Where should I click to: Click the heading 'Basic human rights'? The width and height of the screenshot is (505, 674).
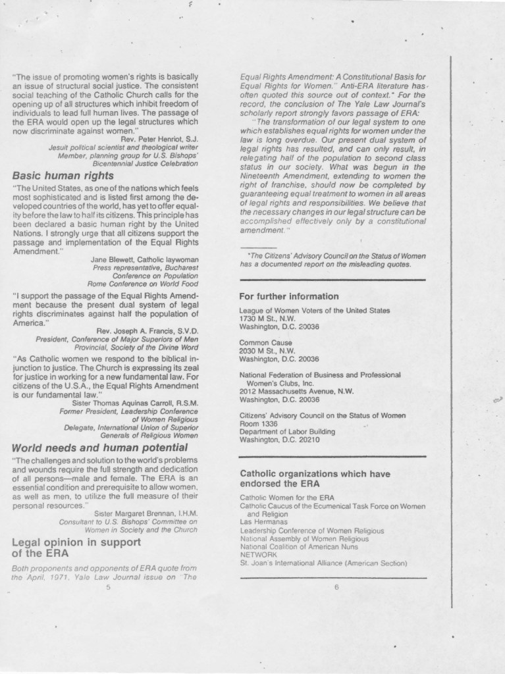[63, 176]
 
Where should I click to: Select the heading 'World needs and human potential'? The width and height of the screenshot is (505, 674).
[100, 448]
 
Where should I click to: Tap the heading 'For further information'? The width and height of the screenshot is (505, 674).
[289, 296]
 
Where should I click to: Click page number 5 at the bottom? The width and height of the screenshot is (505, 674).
[107, 588]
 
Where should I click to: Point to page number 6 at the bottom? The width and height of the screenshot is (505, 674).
[336, 588]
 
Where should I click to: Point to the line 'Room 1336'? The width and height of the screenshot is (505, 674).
[258, 424]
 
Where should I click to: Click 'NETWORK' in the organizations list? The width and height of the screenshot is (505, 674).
[257, 555]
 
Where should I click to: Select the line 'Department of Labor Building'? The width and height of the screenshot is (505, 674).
[287, 432]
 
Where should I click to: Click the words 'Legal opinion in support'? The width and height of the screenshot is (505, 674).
[76, 542]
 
